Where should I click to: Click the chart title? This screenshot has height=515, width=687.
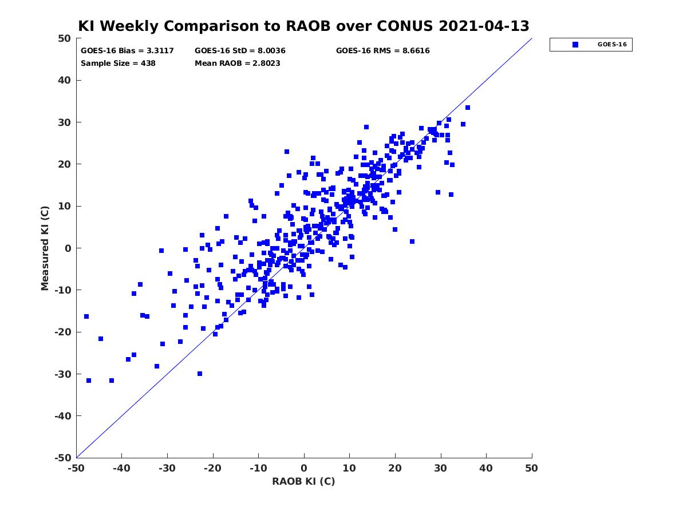[x=303, y=26]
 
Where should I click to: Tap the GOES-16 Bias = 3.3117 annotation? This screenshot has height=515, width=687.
[x=127, y=51]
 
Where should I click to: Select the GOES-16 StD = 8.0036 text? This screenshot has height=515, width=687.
[x=240, y=51]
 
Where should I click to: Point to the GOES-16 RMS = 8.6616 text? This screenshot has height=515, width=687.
[x=382, y=51]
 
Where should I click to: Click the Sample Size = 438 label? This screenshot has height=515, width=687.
[x=118, y=63]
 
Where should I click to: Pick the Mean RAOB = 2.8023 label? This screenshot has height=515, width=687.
[x=237, y=63]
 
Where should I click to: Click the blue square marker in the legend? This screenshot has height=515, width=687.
[x=575, y=45]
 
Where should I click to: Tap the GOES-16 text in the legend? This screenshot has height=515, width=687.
[x=612, y=45]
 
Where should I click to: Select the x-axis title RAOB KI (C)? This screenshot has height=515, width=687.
[x=303, y=481]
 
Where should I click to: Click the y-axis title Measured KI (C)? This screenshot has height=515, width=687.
[x=45, y=248]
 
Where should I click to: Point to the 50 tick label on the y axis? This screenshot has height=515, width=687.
[x=65, y=38]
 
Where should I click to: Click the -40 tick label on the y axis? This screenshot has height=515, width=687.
[x=62, y=416]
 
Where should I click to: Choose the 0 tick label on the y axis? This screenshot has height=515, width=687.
[x=68, y=248]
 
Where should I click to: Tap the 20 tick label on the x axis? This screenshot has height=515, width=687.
[x=395, y=468]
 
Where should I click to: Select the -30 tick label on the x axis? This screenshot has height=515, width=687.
[x=167, y=468]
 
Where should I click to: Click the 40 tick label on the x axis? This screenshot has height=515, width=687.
[x=486, y=468]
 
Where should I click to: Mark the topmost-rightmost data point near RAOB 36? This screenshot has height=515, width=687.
[x=468, y=108]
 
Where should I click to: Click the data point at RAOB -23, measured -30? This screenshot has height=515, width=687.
[x=200, y=374]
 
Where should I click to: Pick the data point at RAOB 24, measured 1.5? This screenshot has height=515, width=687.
[x=412, y=241]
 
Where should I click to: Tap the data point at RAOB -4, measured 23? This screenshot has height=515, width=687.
[x=287, y=152]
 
